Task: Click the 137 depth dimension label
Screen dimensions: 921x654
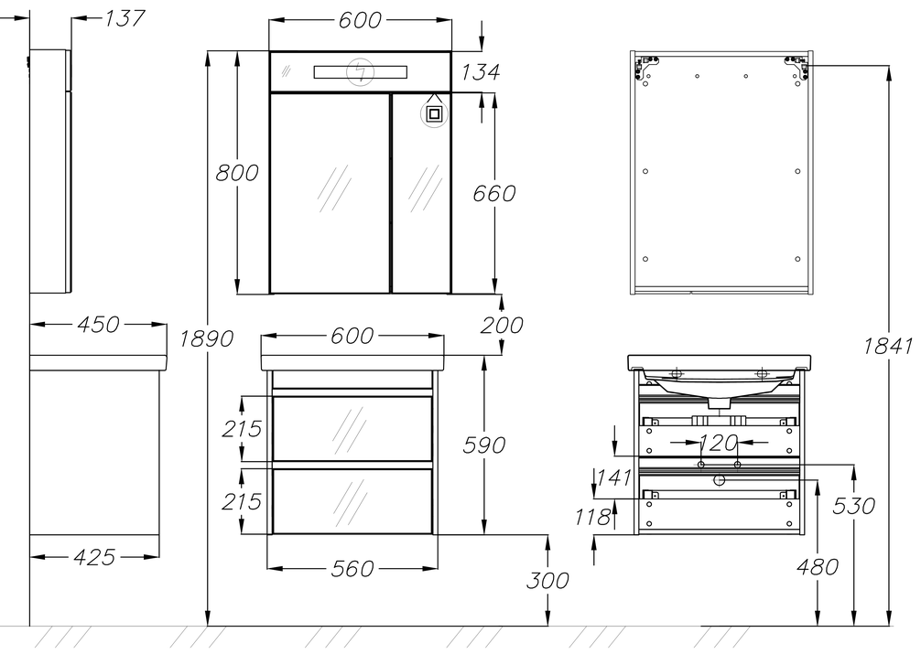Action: point(125,18)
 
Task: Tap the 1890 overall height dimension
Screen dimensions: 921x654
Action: point(206,338)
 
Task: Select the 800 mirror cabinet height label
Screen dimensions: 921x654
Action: point(237,173)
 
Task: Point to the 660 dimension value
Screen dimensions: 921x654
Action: point(494,193)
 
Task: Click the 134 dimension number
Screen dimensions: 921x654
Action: point(481,72)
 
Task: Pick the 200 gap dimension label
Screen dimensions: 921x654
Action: point(502,325)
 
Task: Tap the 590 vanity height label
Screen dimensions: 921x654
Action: point(484,445)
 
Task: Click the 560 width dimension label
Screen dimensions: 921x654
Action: point(352,568)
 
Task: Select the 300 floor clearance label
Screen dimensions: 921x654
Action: point(547,581)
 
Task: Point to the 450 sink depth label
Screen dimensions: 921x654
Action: point(98,324)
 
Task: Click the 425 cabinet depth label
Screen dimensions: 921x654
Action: point(94,557)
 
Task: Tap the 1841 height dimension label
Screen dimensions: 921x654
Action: point(887,347)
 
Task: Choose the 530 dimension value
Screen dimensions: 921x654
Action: point(853,506)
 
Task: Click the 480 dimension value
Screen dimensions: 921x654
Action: point(817,567)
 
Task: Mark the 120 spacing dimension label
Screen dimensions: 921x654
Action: point(719,443)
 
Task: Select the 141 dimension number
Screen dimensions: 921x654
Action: point(614,477)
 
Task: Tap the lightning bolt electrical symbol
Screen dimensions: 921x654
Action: point(360,71)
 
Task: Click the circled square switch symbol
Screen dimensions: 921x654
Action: point(434,114)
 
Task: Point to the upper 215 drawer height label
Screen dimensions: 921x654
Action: point(242,429)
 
